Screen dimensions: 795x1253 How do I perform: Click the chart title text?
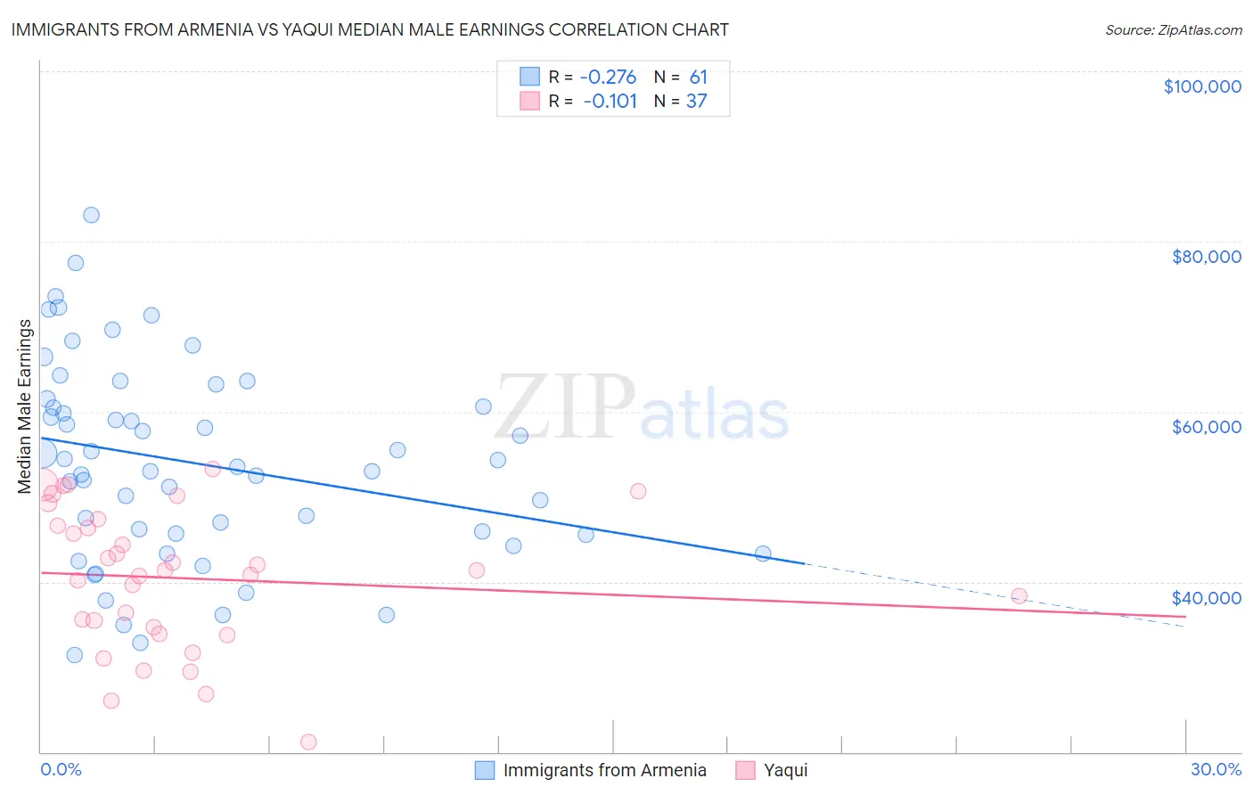coord(370,29)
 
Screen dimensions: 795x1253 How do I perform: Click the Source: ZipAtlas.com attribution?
coord(1173,29)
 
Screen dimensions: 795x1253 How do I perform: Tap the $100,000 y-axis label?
coord(1202,86)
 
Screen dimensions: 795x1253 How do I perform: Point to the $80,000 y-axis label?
coord(1206,257)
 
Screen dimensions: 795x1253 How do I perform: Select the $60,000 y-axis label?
coord(1206,427)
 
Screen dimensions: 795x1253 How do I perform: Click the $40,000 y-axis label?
coord(1206,598)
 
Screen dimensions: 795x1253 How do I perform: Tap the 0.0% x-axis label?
coord(61,769)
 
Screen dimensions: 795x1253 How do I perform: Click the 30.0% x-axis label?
coord(1216,769)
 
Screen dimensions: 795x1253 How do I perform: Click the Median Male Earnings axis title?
coord(25,406)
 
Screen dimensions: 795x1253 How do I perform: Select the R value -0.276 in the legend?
coord(608,77)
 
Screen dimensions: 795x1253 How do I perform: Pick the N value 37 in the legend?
coord(696,102)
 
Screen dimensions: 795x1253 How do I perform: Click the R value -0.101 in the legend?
coord(610,102)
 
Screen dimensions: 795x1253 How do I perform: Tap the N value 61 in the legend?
coord(698,77)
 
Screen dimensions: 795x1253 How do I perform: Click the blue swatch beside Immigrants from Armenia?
coord(485,770)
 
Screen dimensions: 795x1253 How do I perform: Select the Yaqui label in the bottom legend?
coord(785,770)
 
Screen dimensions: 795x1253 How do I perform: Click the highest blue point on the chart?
coord(91,215)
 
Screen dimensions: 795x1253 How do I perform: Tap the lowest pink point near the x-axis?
coord(308,742)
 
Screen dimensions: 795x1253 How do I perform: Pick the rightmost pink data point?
coord(1019,596)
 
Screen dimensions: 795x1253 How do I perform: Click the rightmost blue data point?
coord(763,553)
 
